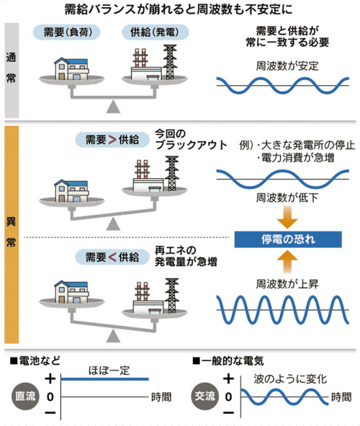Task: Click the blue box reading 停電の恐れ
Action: [x=288, y=239]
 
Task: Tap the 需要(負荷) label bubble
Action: [x=66, y=32]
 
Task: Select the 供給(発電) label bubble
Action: [x=155, y=32]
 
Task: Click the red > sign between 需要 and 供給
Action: [x=112, y=140]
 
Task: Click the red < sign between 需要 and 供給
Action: [x=112, y=257]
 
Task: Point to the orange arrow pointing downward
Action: [x=287, y=217]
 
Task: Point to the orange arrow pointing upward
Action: [x=287, y=262]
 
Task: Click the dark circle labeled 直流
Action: [x=25, y=396]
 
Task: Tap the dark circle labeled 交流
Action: [x=205, y=396]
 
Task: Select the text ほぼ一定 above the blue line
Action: [x=109, y=370]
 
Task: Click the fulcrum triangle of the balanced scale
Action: [x=113, y=106]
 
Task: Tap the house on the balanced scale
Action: [x=71, y=68]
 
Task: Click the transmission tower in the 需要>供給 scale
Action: [x=172, y=173]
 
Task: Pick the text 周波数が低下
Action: [x=287, y=198]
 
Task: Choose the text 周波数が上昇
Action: [x=287, y=284]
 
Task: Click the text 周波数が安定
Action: [x=287, y=66]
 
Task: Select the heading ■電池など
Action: [x=35, y=361]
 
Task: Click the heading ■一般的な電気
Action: [x=228, y=361]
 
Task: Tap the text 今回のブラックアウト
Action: [x=191, y=139]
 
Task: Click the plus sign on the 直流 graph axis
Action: [x=50, y=378]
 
